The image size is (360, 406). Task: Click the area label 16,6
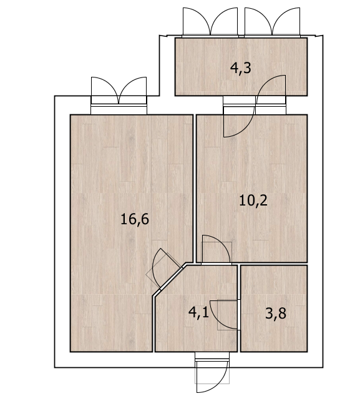pos(135,220)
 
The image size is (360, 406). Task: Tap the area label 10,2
pos(253,201)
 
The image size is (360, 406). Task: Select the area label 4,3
pos(240,68)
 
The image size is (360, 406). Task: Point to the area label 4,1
pos(198,312)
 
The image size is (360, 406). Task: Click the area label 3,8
pos(276,313)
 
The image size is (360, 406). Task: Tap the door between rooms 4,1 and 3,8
pos(225,315)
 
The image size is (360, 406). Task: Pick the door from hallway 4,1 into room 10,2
pos(216,250)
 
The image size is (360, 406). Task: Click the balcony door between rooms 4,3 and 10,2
pos(255,106)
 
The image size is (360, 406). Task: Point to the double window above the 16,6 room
pos(119,96)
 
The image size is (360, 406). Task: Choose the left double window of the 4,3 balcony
pos(210,22)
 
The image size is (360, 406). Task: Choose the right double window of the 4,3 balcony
pos(272,22)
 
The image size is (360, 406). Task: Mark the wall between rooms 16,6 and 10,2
pos(195,189)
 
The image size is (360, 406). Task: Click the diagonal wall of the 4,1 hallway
pos(170,280)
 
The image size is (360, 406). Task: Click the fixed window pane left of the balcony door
pos(239,105)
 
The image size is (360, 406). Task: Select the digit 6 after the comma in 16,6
pos(144,219)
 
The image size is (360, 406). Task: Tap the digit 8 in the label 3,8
pos(282,313)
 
